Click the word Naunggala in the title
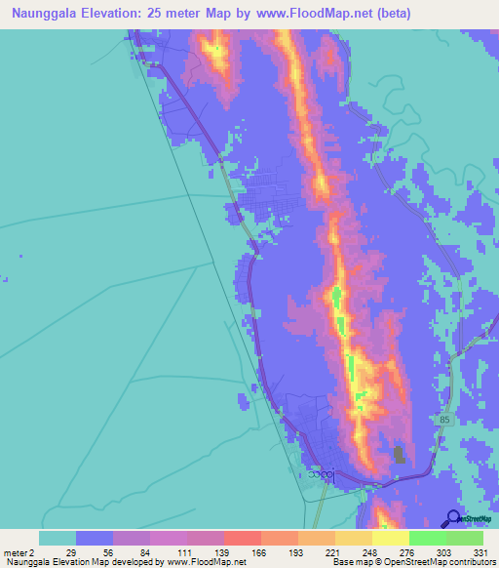[46, 14]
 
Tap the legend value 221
[334, 551]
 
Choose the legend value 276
[408, 551]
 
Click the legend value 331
[481, 551]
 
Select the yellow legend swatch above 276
[390, 538]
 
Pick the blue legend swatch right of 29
[95, 538]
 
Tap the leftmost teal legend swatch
[58, 538]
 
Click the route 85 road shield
[445, 420]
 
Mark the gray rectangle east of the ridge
[399, 456]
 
